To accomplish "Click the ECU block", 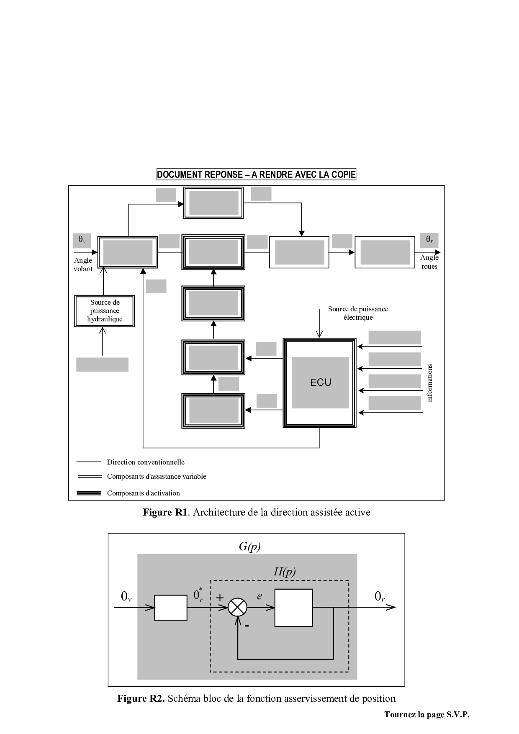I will click(320, 382).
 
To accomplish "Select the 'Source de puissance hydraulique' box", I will click(104, 311).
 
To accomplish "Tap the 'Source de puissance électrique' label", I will click(358, 313).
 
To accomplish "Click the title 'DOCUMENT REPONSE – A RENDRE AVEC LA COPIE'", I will click(256, 175).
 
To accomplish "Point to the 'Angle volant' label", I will click(83, 264).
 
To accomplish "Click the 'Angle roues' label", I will click(429, 262).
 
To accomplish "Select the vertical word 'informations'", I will click(429, 382).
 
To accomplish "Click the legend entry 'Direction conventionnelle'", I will click(145, 462).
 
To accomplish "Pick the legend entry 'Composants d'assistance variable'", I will click(156, 476).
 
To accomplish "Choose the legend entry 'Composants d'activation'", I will click(143, 493).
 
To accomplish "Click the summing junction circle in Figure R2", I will click(237, 608).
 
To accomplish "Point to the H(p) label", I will click(285, 572).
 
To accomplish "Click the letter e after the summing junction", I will click(259, 596).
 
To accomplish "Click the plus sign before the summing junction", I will click(220, 598).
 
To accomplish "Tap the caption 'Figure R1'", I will click(165, 512).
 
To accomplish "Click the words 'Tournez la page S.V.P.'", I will click(427, 715).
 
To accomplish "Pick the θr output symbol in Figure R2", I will click(380, 597).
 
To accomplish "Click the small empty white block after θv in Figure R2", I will click(171, 608).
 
